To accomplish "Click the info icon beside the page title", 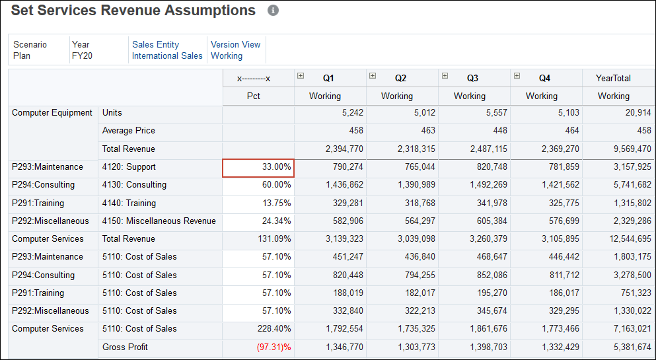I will [x=273, y=11].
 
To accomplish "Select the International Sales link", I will [x=167, y=56].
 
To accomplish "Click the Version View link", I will [x=235, y=44].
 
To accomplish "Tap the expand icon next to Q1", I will [x=301, y=76].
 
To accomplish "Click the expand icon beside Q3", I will [x=445, y=76].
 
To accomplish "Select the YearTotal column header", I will [x=613, y=78].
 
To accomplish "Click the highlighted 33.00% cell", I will [x=258, y=168].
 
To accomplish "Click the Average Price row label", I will [x=128, y=131].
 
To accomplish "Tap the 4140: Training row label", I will [x=129, y=203].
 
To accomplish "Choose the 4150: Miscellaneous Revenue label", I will [x=159, y=221].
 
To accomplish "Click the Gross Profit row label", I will [x=125, y=347].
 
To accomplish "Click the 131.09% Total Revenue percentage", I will [x=273, y=239].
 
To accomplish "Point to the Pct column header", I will [x=254, y=96].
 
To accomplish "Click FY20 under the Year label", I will [x=82, y=56].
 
